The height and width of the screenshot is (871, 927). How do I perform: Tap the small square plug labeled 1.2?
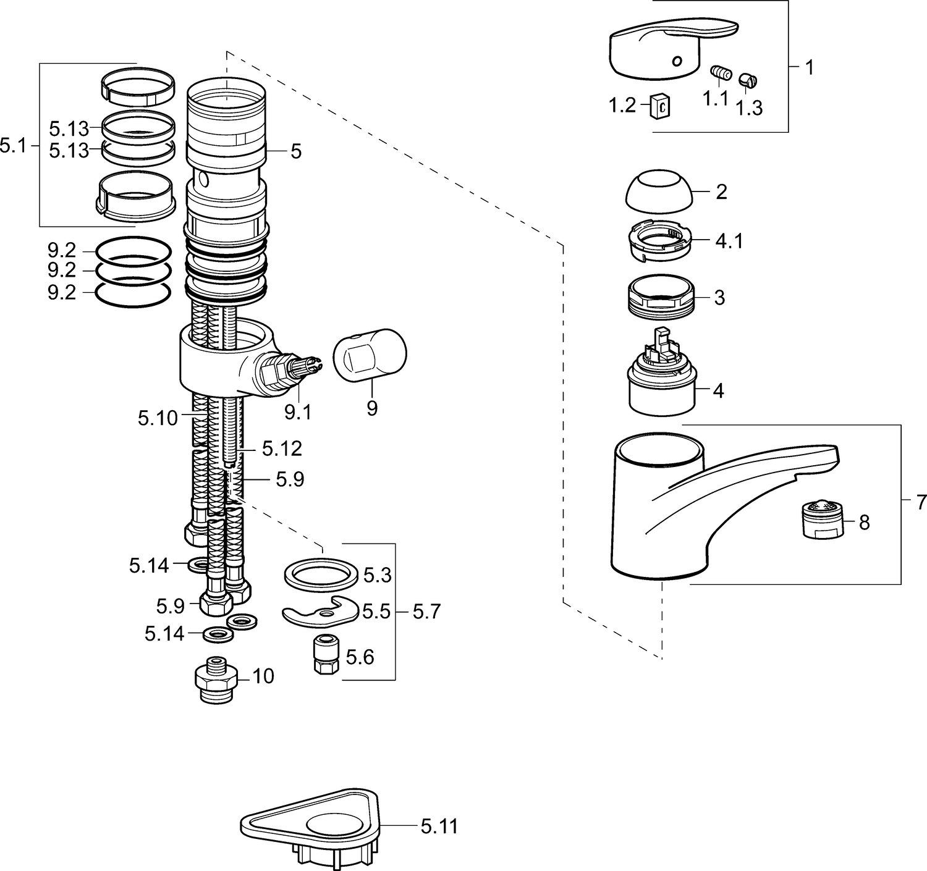661,106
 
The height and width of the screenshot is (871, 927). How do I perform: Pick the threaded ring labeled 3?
661,297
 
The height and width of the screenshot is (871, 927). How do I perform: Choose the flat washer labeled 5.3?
321,576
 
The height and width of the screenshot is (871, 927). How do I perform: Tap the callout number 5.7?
426,612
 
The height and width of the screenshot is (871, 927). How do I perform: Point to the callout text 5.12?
282,448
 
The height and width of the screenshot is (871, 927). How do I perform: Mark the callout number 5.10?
158,418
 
